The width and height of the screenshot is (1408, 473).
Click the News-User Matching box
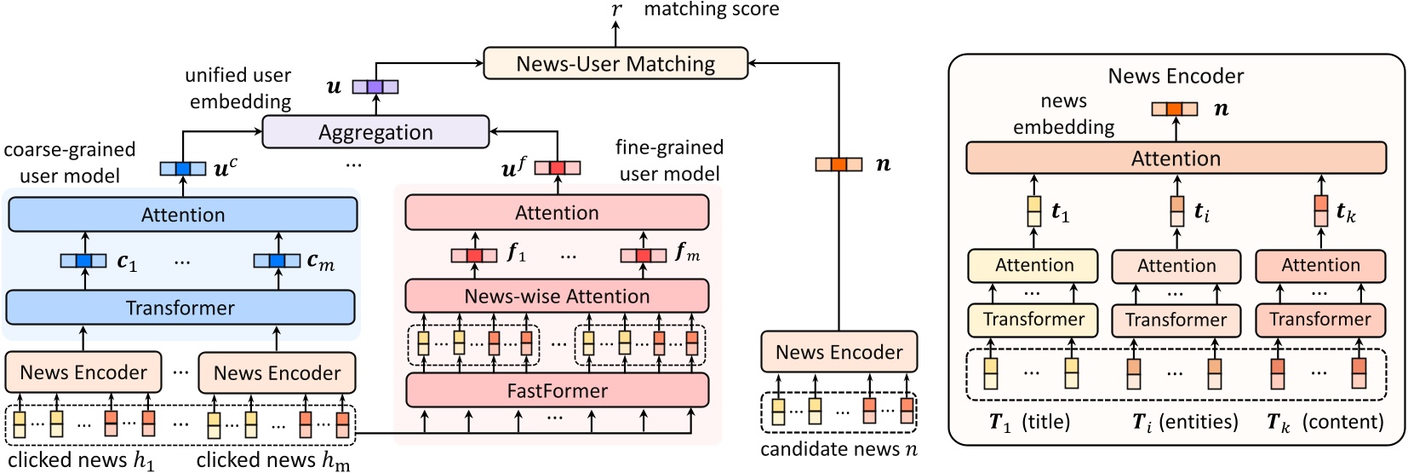[615, 64]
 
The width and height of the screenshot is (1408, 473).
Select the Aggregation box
[375, 132]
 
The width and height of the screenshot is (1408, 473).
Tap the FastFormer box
[557, 391]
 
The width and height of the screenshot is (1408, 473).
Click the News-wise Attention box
[557, 297]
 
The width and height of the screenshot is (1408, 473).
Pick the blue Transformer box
[180, 308]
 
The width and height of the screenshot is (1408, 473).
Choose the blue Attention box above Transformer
[183, 215]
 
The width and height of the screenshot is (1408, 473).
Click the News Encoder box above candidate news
[839, 352]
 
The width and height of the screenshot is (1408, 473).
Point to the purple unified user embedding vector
[375, 86]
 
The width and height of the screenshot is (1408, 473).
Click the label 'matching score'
[711, 9]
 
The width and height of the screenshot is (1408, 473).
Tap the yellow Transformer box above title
[1033, 320]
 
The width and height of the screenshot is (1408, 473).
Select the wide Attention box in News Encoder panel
[1176, 159]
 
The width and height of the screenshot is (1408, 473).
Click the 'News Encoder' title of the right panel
[1176, 76]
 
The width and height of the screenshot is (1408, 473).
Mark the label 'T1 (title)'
[1029, 422]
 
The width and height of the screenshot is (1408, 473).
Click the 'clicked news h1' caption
[82, 460]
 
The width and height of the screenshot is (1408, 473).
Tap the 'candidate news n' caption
[839, 449]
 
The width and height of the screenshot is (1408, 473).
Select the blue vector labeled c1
[83, 261]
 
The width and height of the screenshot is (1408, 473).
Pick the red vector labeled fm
[643, 255]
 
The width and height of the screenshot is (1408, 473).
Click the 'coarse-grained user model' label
[70, 163]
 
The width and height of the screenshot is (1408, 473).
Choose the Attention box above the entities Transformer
[1176, 267]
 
